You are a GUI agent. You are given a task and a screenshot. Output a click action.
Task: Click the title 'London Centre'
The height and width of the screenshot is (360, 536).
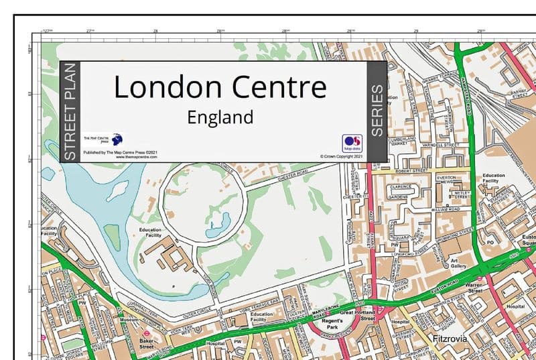(220, 88)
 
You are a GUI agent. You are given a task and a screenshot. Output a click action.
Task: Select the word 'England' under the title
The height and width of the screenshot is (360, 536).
(220, 117)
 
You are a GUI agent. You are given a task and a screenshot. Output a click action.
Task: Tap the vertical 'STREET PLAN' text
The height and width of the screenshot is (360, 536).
(70, 111)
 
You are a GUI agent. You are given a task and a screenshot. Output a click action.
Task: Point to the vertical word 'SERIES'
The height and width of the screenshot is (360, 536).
(377, 111)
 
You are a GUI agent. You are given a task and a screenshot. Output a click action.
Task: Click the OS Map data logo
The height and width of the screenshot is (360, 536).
(352, 143)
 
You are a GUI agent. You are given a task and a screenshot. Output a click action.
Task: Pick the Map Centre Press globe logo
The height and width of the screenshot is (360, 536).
(117, 139)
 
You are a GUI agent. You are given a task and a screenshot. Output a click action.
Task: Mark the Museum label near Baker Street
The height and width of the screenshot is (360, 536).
(129, 320)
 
